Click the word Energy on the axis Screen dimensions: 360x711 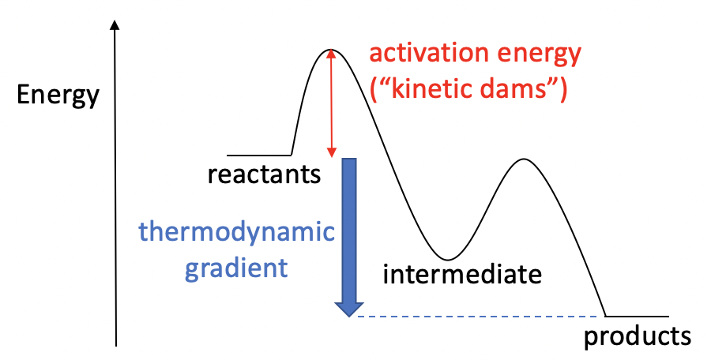pyautogui.click(x=58, y=96)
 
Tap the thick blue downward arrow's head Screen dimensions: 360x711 pyautogui.click(x=348, y=307)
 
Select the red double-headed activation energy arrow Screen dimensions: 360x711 pyautogui.click(x=331, y=103)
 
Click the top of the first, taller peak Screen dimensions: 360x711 pyautogui.click(x=329, y=51)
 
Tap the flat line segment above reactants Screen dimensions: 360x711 pyautogui.click(x=258, y=155)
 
